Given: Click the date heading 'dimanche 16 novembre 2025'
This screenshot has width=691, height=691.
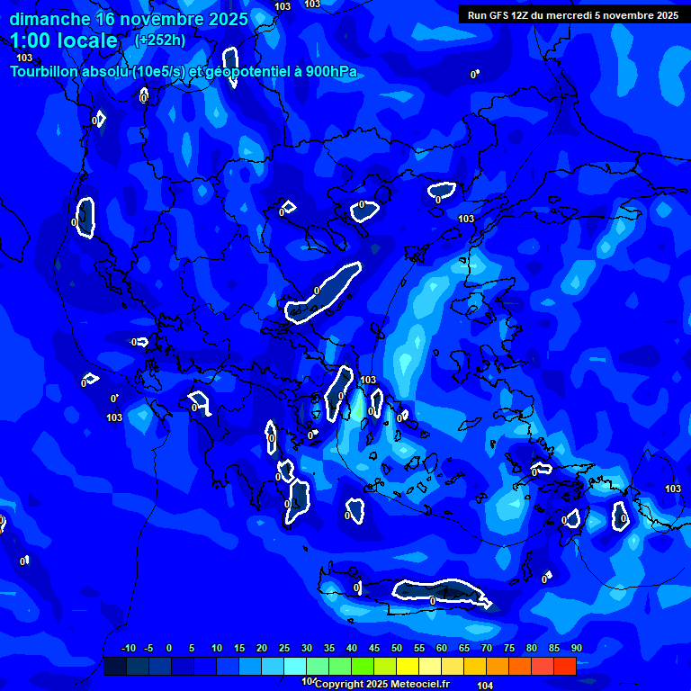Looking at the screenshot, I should click(128, 19).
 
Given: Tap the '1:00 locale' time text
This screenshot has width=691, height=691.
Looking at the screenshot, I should click(64, 40).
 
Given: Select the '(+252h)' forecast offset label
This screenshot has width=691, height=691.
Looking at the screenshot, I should click(160, 40).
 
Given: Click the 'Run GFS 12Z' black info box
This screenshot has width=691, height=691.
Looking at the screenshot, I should click(572, 14).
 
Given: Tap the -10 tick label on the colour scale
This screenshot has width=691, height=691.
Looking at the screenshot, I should click(129, 648).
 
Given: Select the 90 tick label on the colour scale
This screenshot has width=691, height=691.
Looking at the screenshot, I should click(576, 648).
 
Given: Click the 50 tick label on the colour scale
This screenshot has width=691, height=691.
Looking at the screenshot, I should click(397, 648).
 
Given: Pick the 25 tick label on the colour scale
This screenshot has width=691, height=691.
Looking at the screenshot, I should click(284, 648).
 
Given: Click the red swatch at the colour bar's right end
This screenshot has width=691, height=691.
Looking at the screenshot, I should click(564, 666).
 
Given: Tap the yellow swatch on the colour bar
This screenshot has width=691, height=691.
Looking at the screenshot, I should click(407, 666).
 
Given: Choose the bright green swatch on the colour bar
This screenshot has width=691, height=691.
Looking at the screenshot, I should click(362, 666).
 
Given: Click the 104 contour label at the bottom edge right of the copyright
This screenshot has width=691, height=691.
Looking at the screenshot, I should click(486, 686).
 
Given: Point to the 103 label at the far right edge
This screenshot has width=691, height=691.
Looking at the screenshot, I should click(673, 489).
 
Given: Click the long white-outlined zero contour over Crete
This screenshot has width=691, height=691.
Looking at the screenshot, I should click(441, 590).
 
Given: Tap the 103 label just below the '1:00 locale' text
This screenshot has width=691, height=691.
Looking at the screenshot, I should click(24, 58).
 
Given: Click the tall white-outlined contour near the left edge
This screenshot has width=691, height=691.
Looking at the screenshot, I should click(85, 217).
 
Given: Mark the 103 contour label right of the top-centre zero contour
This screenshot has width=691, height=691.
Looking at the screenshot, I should click(466, 219).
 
